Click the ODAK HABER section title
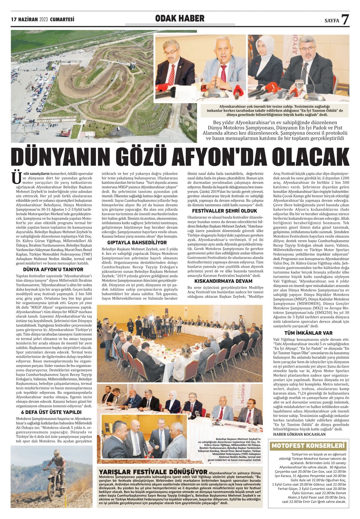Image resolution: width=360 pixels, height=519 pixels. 180,19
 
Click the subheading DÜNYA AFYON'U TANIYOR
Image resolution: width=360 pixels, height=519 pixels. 53,270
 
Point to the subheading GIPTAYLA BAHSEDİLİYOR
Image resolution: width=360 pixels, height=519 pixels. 137,242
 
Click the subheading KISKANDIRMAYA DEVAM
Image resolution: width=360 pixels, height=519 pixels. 223,281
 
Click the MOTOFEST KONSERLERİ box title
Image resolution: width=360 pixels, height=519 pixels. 308,446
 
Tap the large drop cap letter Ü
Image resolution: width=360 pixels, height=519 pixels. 15,178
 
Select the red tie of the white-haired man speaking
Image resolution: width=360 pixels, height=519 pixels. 223,74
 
